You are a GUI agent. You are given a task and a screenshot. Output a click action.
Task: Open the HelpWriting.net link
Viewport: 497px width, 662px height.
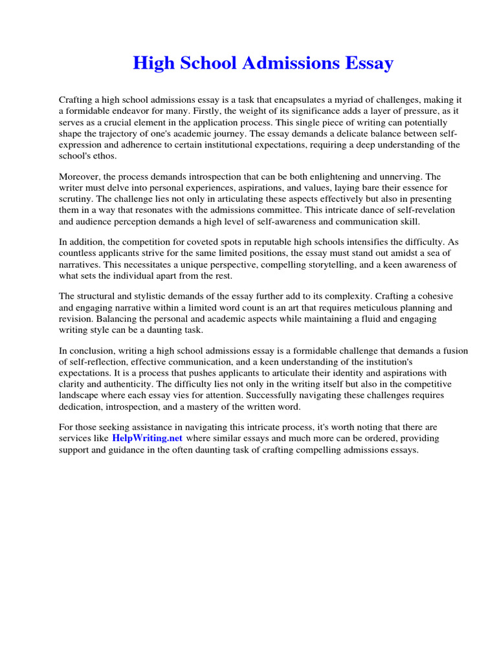coord(147,438)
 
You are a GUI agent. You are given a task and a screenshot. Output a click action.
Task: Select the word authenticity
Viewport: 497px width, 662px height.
coord(111,384)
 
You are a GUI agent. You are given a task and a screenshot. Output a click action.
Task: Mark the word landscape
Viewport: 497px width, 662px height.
coord(79,395)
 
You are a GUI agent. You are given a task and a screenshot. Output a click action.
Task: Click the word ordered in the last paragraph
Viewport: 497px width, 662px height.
coord(365,438)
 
